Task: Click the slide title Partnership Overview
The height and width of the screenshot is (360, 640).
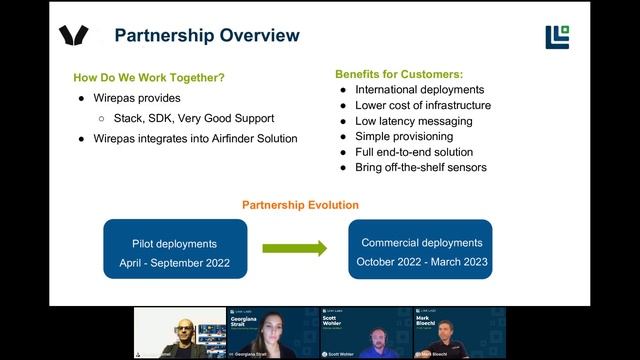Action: click(207, 36)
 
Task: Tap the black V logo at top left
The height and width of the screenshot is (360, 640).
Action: click(74, 36)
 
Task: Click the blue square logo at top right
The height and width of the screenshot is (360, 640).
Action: click(557, 37)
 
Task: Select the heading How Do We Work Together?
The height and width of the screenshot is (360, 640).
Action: click(149, 78)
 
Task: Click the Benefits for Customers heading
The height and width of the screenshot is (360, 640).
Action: click(399, 74)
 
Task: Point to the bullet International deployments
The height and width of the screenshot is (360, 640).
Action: click(420, 90)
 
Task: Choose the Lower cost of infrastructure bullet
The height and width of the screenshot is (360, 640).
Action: click(423, 106)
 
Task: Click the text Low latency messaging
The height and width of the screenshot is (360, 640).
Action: click(410, 121)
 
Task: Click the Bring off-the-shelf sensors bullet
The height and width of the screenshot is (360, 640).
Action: click(421, 167)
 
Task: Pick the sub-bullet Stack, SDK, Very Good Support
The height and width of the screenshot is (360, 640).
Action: click(194, 118)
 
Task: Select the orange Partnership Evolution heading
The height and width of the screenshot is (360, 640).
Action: click(300, 205)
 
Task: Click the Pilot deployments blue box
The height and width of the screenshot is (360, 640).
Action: click(174, 250)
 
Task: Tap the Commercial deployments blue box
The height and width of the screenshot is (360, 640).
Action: click(421, 250)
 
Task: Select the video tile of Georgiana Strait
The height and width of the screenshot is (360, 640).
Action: click(273, 333)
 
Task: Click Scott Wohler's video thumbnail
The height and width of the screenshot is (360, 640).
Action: click(365, 333)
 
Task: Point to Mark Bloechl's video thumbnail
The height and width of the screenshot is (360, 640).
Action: click(459, 333)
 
